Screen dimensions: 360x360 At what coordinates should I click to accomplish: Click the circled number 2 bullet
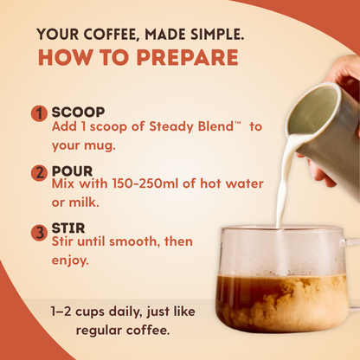(39, 173)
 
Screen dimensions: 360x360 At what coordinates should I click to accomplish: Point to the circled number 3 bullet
(39, 232)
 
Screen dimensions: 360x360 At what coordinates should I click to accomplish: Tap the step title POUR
(72, 171)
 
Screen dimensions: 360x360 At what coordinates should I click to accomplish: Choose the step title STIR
(68, 230)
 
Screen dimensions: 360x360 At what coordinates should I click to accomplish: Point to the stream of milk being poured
(281, 186)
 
